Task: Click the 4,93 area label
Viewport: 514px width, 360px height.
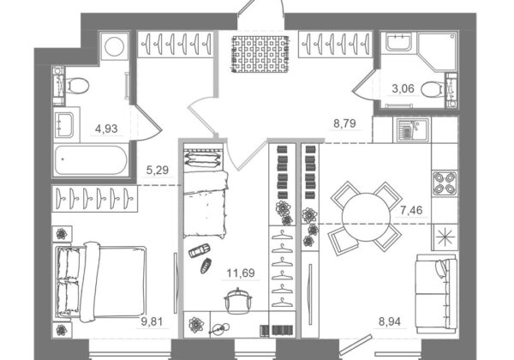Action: (106, 129)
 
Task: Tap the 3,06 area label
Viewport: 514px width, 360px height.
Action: (403, 88)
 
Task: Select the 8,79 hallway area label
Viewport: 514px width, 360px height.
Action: (344, 123)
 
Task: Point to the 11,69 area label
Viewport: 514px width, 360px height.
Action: (241, 273)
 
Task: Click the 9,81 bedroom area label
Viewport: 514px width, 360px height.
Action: (152, 321)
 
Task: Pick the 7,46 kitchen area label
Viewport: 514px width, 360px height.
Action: (411, 210)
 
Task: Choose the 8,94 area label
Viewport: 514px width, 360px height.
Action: (390, 321)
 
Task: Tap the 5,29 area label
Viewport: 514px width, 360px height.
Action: (158, 171)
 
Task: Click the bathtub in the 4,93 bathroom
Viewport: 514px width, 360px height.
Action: (91, 160)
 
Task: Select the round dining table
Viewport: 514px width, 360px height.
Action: (366, 217)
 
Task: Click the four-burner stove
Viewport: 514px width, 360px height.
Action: (445, 183)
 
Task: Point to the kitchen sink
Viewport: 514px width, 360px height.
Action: (412, 130)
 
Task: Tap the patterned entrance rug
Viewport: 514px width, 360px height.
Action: (261, 54)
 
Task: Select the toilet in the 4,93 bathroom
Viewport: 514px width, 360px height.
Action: (77, 86)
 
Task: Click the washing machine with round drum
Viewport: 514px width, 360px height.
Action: (115, 46)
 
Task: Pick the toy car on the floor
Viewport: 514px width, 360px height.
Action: (200, 250)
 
